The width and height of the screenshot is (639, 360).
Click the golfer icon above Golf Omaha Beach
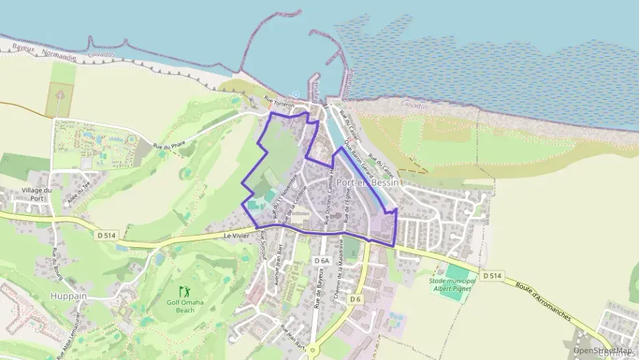click(183, 291)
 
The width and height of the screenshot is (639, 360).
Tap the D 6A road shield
click(322, 261)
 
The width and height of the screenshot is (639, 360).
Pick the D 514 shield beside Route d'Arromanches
click(492, 276)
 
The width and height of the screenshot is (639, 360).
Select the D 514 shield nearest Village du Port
click(106, 235)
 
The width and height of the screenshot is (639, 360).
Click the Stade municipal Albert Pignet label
click(452, 284)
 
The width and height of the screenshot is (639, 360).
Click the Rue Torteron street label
click(279, 104)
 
